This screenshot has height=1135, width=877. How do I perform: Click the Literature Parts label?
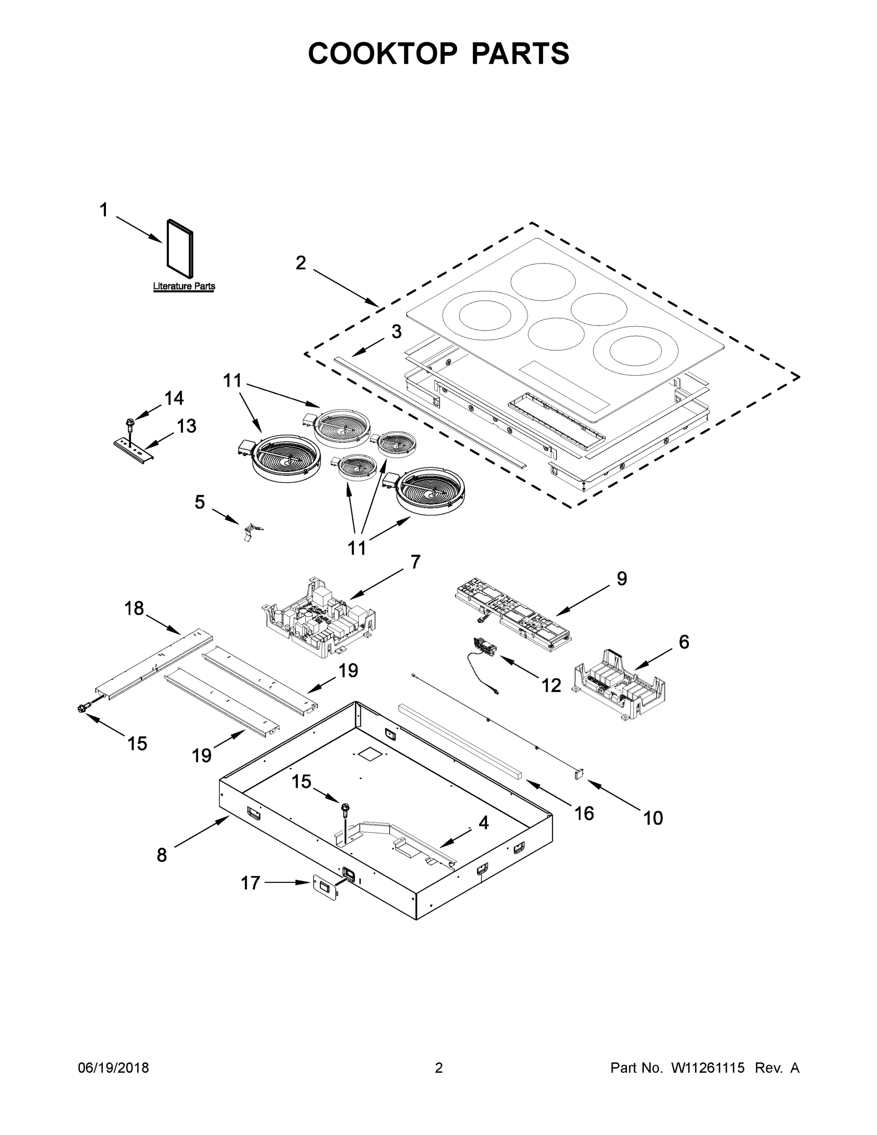(184, 286)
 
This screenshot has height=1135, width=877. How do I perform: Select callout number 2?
(301, 263)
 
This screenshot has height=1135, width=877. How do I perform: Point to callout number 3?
(396, 332)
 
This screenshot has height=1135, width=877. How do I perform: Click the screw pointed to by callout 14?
(130, 425)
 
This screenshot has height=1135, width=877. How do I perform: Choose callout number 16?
(584, 813)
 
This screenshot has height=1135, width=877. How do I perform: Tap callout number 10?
(653, 819)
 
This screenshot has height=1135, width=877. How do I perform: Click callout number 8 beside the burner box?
(162, 855)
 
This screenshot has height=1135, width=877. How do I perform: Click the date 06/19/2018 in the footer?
(113, 1068)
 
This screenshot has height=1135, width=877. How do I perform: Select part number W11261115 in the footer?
(708, 1068)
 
